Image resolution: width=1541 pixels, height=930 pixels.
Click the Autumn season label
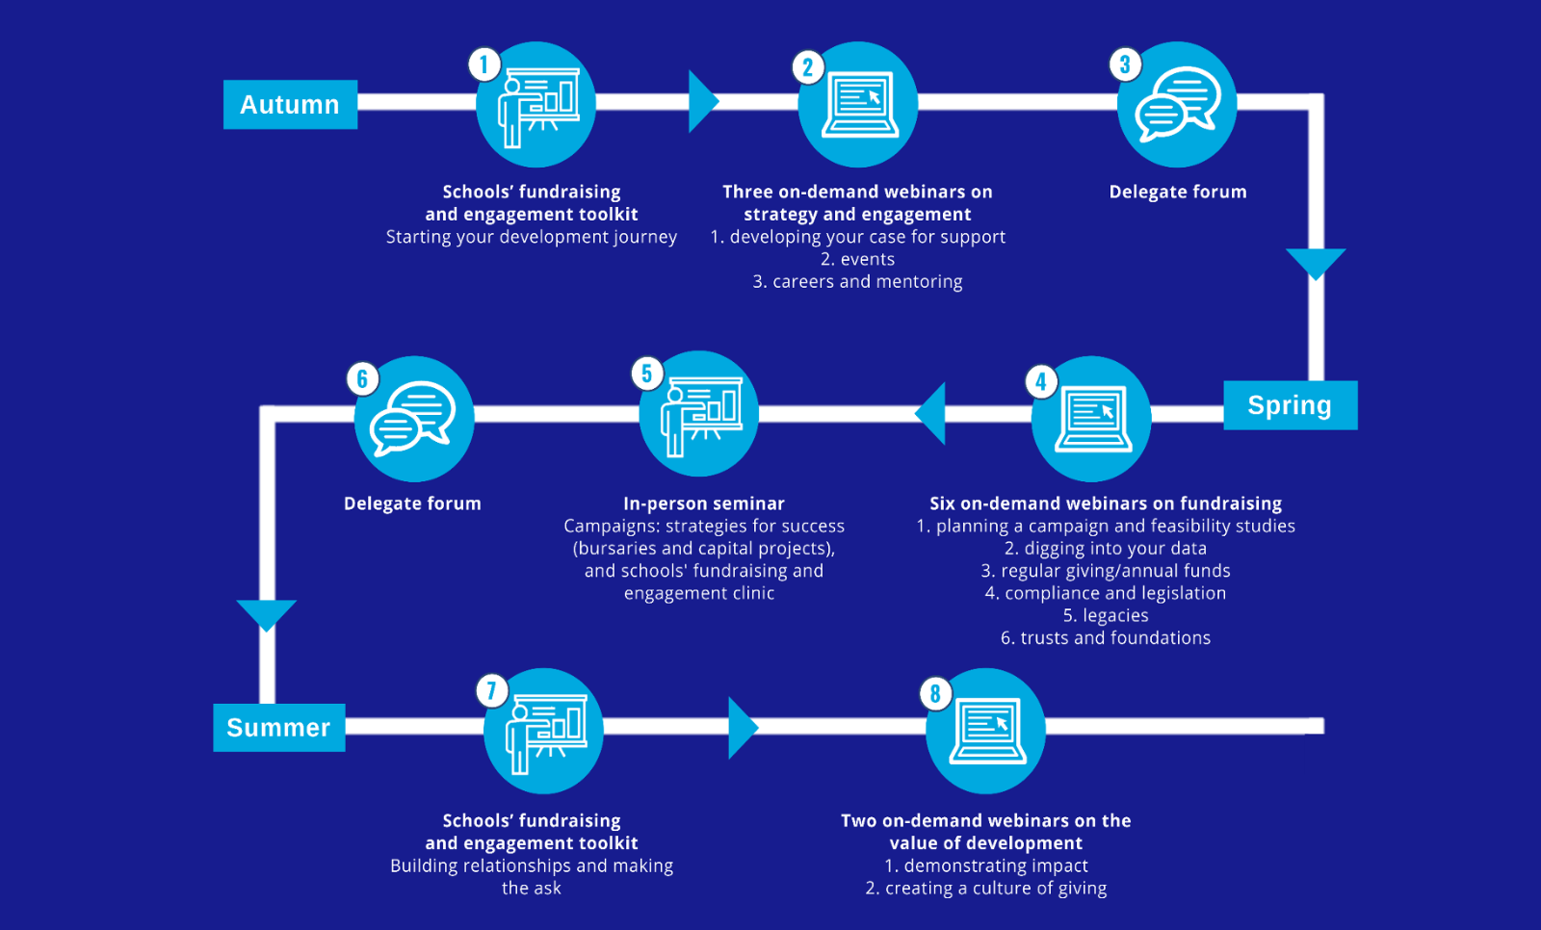click(290, 104)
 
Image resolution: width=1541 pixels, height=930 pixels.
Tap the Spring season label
click(1290, 405)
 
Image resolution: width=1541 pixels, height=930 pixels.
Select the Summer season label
click(278, 727)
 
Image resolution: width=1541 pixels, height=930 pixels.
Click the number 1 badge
click(484, 65)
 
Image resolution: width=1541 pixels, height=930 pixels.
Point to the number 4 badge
click(1040, 381)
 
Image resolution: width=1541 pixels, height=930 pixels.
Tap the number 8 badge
click(935, 693)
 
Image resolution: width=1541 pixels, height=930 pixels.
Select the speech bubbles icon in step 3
click(1177, 104)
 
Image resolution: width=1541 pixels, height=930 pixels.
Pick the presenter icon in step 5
click(699, 415)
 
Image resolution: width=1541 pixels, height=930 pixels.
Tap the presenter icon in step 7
click(544, 732)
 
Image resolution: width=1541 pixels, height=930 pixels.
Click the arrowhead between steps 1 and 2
click(702, 101)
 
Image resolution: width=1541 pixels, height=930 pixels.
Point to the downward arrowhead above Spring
click(1316, 262)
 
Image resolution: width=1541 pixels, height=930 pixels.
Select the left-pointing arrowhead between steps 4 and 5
click(931, 414)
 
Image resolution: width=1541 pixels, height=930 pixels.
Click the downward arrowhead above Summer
click(267, 613)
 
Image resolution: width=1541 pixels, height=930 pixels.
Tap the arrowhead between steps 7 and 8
click(742, 728)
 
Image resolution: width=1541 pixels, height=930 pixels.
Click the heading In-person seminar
click(703, 504)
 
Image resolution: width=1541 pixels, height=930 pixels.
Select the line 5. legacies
click(1105, 615)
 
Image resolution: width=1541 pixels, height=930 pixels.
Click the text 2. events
click(857, 259)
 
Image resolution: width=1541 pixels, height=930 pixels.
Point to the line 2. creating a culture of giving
click(985, 888)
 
